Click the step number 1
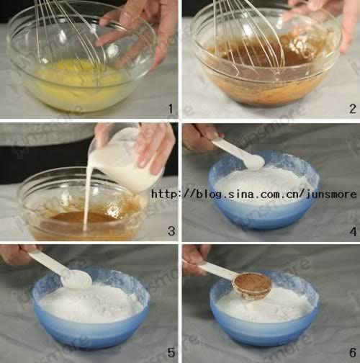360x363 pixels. [171, 109]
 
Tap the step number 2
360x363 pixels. [353, 109]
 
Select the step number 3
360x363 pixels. [171, 230]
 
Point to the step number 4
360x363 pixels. [354, 232]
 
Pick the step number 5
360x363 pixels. [171, 352]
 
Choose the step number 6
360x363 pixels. [353, 352]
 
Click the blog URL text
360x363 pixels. [254, 194]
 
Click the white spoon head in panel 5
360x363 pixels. [76, 279]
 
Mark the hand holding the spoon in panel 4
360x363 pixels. [200, 137]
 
